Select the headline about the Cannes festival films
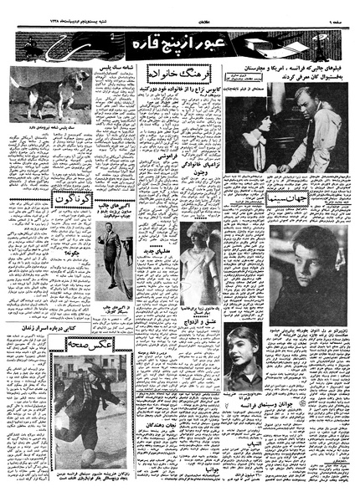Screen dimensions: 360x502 (x=280, y=78)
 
